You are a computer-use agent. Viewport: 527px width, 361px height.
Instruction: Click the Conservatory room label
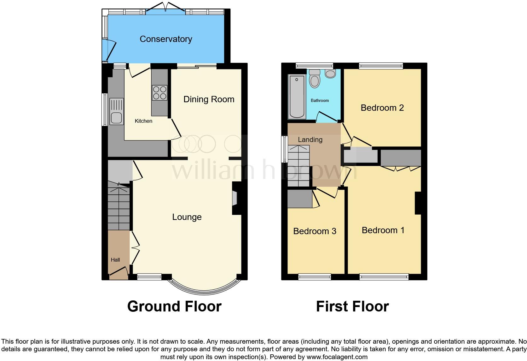click(166, 39)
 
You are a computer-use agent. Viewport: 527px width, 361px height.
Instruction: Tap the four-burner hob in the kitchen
click(159, 93)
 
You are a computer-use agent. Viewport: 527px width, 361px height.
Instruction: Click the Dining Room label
click(209, 99)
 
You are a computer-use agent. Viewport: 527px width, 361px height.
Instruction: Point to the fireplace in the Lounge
click(235, 199)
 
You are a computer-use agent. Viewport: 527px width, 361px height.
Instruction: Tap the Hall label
click(115, 260)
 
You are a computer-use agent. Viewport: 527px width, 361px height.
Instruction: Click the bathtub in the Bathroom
click(297, 96)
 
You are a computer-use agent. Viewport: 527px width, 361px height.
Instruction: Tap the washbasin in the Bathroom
click(330, 74)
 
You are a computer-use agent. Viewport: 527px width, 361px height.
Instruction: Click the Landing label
click(310, 139)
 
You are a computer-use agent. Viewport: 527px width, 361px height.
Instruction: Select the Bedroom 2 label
click(382, 108)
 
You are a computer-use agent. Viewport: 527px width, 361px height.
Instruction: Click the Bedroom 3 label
click(315, 231)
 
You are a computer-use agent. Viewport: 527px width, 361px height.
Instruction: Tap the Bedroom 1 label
click(383, 230)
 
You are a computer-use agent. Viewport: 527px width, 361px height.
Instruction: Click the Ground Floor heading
click(174, 306)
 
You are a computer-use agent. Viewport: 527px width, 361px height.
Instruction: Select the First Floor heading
click(352, 306)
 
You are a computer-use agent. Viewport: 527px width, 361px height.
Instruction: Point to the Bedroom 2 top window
click(381, 66)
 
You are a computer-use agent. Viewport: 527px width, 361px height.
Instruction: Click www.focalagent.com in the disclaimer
click(337, 357)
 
